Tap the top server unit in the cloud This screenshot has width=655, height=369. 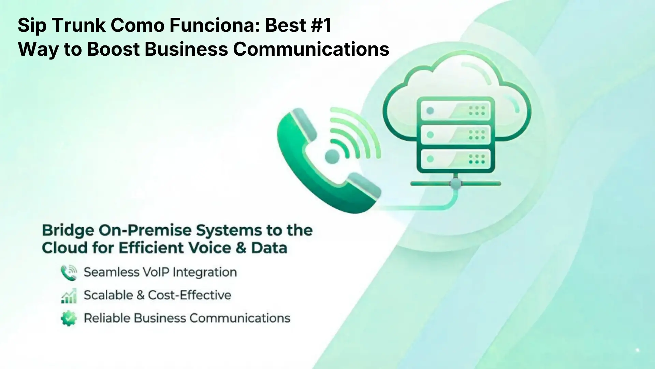pos(456,110)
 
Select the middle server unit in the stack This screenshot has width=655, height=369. pos(456,135)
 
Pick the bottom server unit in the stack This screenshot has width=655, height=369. pos(456,159)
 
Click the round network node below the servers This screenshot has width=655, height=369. pos(456,184)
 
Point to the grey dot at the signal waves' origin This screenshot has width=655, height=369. pos(332,157)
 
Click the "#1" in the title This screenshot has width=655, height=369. pos(321,25)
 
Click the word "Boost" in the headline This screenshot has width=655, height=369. pos(113,49)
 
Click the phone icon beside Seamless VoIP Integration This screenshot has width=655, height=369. pos(69,273)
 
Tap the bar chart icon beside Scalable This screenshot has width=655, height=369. pos(69,296)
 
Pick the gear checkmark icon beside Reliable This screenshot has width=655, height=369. pos(69,318)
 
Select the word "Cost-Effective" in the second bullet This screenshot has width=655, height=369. pos(190,295)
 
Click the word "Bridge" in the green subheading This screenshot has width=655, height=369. pos(68,231)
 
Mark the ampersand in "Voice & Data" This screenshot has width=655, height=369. pos(241,248)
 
